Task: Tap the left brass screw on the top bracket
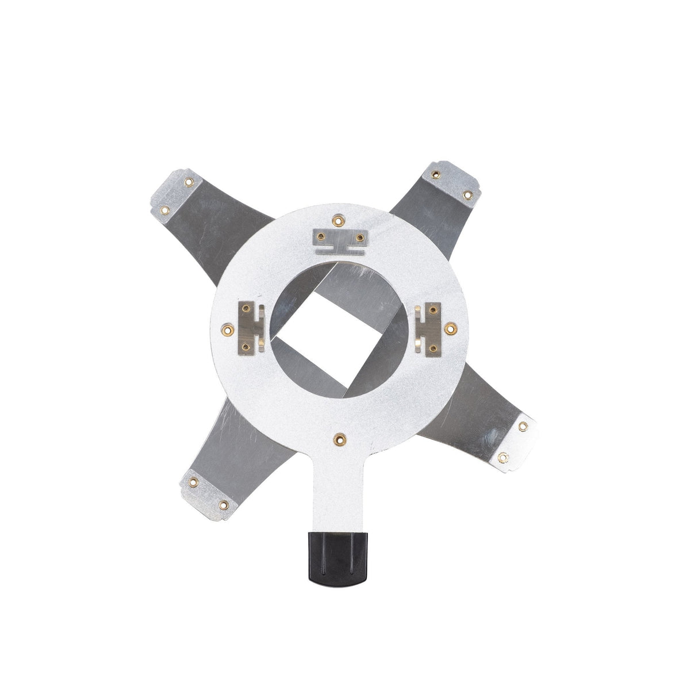pyautogui.click(x=321, y=236)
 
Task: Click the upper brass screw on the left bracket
pyautogui.click(x=246, y=309)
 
